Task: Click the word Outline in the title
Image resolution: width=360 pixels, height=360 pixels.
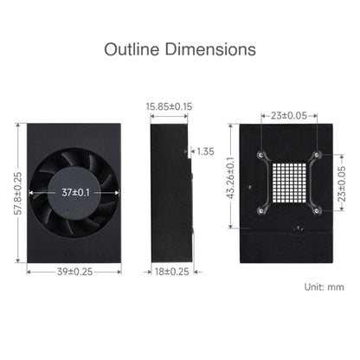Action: pos(132,49)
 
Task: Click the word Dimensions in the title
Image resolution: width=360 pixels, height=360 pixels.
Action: pos(210,49)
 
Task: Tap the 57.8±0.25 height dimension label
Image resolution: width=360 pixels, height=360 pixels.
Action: pos(17,193)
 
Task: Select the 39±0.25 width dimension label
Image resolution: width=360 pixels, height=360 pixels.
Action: pos(74,272)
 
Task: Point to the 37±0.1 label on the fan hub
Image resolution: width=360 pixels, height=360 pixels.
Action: pos(75,192)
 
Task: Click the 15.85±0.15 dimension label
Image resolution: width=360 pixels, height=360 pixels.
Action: pos(169,106)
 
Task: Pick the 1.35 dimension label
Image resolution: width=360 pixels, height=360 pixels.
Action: pos(205,151)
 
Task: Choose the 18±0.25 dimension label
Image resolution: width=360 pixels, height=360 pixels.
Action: pos(172,272)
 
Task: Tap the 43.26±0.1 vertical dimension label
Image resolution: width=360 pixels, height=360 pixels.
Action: pos(230,178)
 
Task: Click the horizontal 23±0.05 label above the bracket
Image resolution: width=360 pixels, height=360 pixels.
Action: pos(289,116)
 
